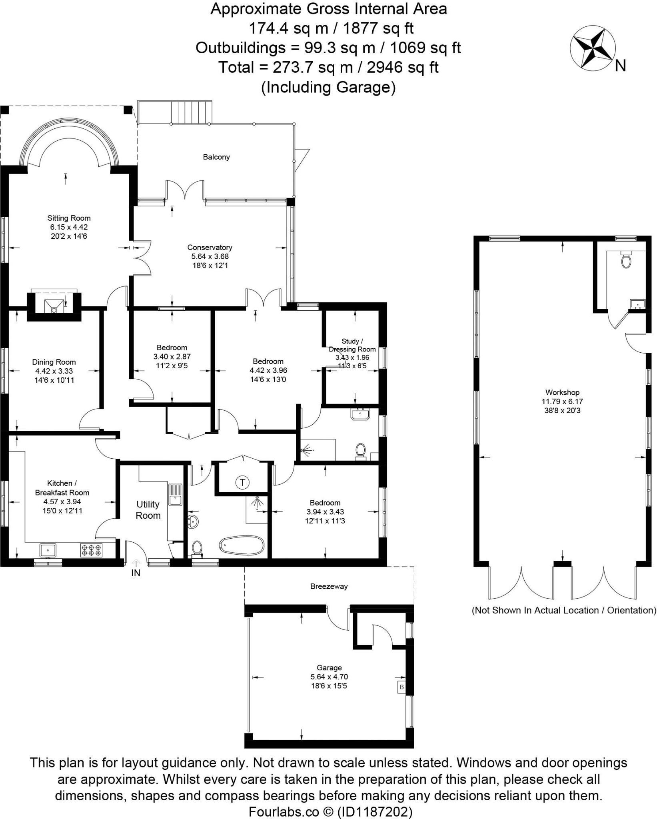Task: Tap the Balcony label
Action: (x=216, y=157)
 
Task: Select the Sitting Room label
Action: (x=69, y=218)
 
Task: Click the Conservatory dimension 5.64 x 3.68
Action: (x=210, y=256)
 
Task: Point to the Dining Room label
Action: (x=54, y=362)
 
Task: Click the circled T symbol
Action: (x=242, y=482)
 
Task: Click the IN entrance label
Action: (x=136, y=573)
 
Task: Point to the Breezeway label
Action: (x=329, y=586)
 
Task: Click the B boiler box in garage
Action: (x=401, y=687)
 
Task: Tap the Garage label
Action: (x=329, y=667)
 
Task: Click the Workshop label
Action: (x=562, y=392)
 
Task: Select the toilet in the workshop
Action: (x=626, y=260)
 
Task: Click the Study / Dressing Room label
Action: (x=352, y=345)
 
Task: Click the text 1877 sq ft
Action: (x=378, y=28)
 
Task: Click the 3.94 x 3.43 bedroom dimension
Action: (x=325, y=511)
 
